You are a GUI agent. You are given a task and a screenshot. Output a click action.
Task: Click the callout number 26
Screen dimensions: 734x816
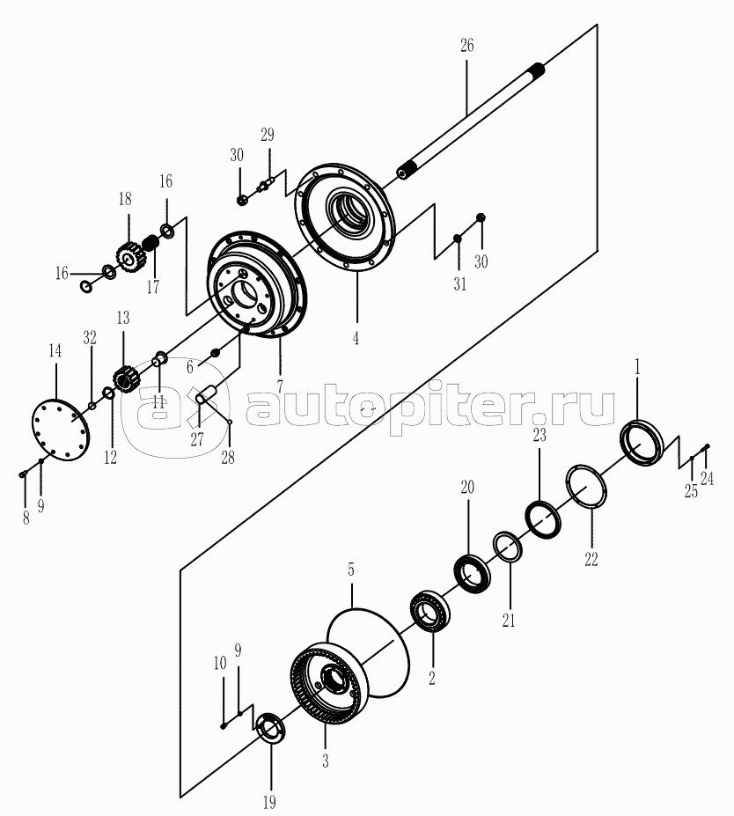coord(466,46)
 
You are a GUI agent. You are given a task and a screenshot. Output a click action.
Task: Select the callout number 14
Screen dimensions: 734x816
coord(55,350)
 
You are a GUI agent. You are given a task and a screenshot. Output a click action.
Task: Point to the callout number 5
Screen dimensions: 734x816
coord(350,570)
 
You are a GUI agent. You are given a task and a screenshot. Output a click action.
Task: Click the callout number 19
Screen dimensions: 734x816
coord(269,801)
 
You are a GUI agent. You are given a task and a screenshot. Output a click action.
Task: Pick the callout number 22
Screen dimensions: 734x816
coord(591,557)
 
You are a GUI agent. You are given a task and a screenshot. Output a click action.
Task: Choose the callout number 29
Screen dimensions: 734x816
coord(267,135)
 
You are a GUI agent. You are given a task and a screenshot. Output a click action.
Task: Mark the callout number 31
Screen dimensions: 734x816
coord(459,284)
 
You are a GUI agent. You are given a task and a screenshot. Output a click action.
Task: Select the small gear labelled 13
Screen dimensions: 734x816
coord(122,380)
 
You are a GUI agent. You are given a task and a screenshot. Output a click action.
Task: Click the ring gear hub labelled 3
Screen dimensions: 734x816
coord(326,688)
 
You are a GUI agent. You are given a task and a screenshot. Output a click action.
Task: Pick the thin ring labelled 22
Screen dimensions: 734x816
coord(584,486)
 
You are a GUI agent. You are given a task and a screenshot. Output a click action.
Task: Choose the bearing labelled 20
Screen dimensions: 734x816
coord(473,573)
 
